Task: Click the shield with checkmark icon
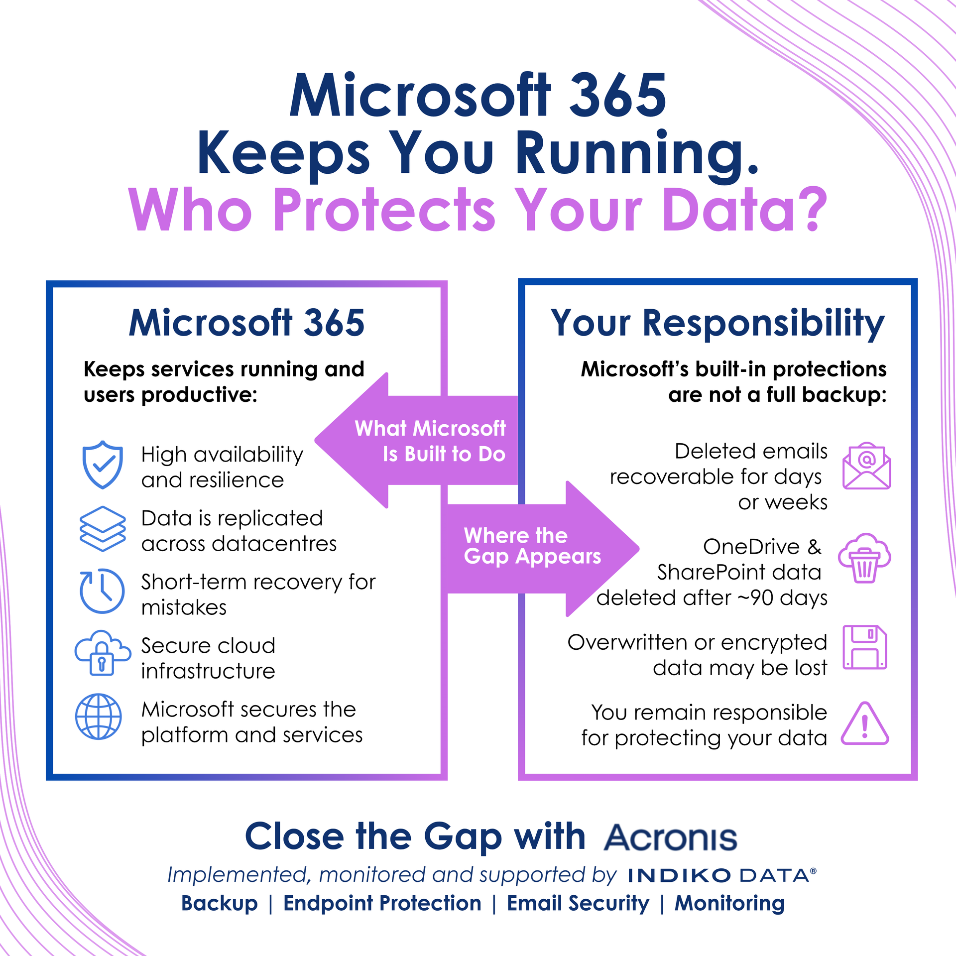click(103, 465)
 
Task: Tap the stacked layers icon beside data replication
click(103, 529)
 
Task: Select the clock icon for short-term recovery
click(102, 591)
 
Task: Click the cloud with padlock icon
click(103, 653)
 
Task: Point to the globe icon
click(99, 717)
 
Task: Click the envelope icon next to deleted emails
click(866, 466)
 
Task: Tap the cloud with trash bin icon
click(865, 558)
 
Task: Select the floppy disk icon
click(865, 647)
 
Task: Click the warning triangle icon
click(865, 724)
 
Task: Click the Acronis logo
click(671, 837)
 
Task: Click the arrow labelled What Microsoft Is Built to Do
click(416, 441)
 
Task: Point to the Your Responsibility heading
click(717, 324)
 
